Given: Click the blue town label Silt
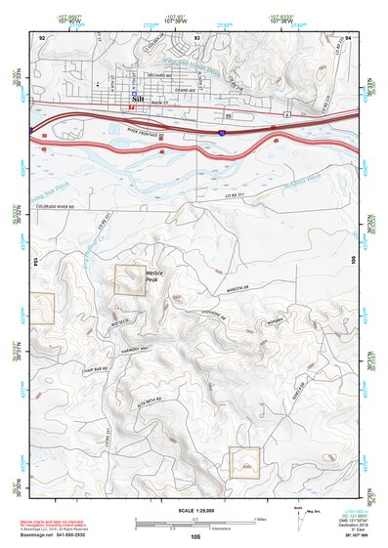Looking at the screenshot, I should point(142,98).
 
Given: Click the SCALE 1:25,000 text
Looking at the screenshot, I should point(193,510).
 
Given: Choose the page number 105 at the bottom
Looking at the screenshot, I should point(195,536).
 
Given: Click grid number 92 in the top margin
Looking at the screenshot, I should point(41,37).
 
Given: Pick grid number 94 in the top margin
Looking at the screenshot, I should point(349,37).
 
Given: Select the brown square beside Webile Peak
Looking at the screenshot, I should point(129,279).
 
